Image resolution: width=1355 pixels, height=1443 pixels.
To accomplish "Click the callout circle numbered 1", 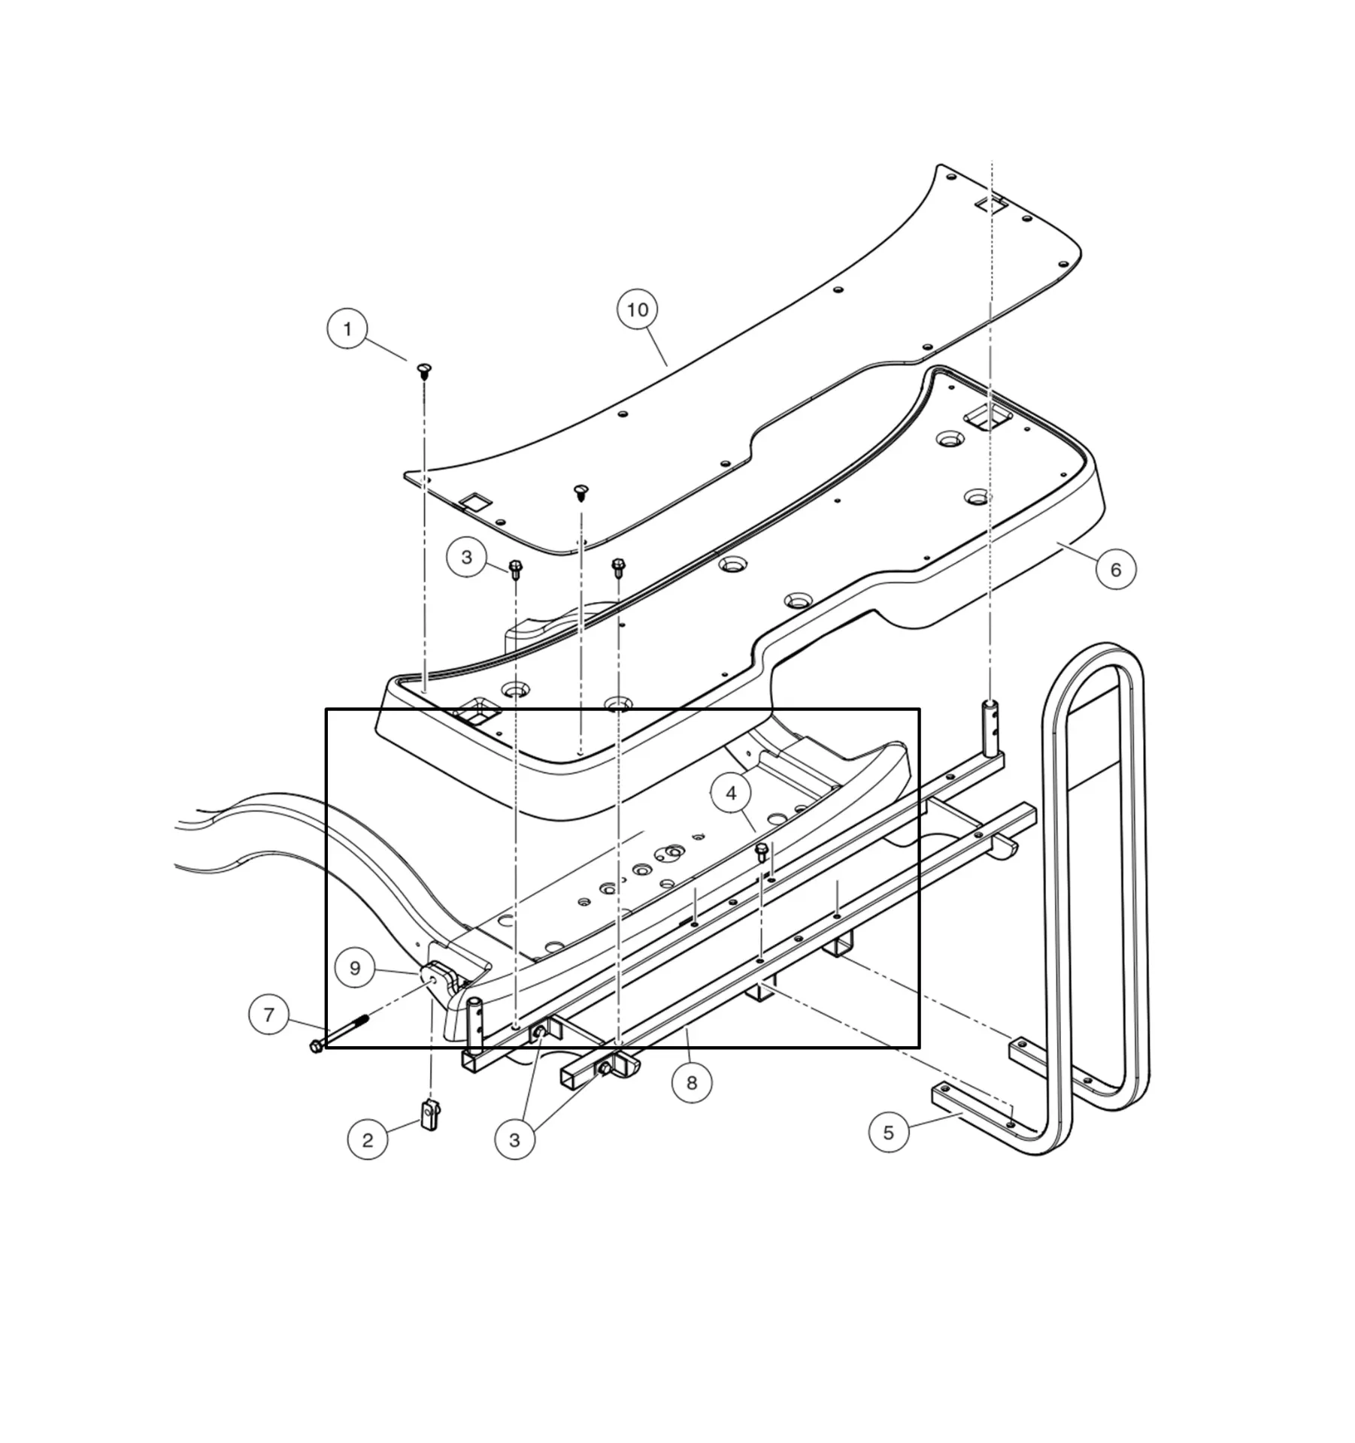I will pos(347,328).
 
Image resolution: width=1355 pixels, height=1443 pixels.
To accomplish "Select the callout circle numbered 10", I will pos(637,310).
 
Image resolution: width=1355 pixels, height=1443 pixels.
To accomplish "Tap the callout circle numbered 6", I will pos(1115,570).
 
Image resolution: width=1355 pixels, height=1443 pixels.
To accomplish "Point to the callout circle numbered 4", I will pos(730,794).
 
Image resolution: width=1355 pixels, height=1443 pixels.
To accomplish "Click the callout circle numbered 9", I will pos(355,968).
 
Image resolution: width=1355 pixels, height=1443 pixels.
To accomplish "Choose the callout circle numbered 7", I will pos(268,1015).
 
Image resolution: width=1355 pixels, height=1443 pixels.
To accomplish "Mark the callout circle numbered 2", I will pos(367,1140).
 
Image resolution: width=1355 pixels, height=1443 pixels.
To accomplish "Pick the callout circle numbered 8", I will pos(691,1083).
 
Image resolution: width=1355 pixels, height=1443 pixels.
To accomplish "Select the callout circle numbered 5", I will pos(888,1133).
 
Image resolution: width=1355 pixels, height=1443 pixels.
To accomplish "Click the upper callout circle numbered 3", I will pos(466,557).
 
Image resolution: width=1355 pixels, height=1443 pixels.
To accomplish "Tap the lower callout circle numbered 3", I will pos(514,1140).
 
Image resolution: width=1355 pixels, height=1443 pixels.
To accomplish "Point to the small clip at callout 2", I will pos(430,1115).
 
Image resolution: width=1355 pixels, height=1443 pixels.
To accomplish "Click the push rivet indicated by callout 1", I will pos(424,369).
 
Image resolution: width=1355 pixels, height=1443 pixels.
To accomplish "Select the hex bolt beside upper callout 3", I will pos(516,568).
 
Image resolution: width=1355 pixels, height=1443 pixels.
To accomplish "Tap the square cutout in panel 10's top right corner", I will pos(991,204).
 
